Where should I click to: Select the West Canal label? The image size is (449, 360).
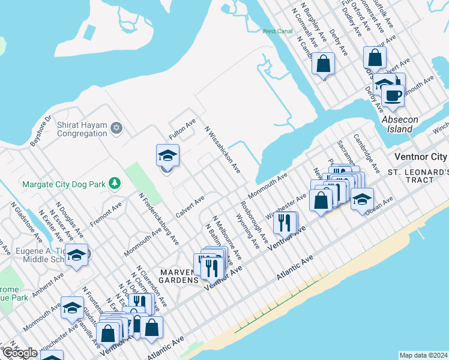tap(277, 31)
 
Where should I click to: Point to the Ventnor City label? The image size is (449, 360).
tap(420, 157)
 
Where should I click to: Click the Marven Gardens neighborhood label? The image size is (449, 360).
tap(179, 276)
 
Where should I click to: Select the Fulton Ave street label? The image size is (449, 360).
tap(182, 130)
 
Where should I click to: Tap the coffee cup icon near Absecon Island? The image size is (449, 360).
tap(393, 96)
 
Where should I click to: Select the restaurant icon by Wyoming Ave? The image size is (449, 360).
tap(285, 223)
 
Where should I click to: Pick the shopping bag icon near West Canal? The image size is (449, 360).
tap(323, 63)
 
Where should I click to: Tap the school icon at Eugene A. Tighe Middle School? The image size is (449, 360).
tap(77, 256)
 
